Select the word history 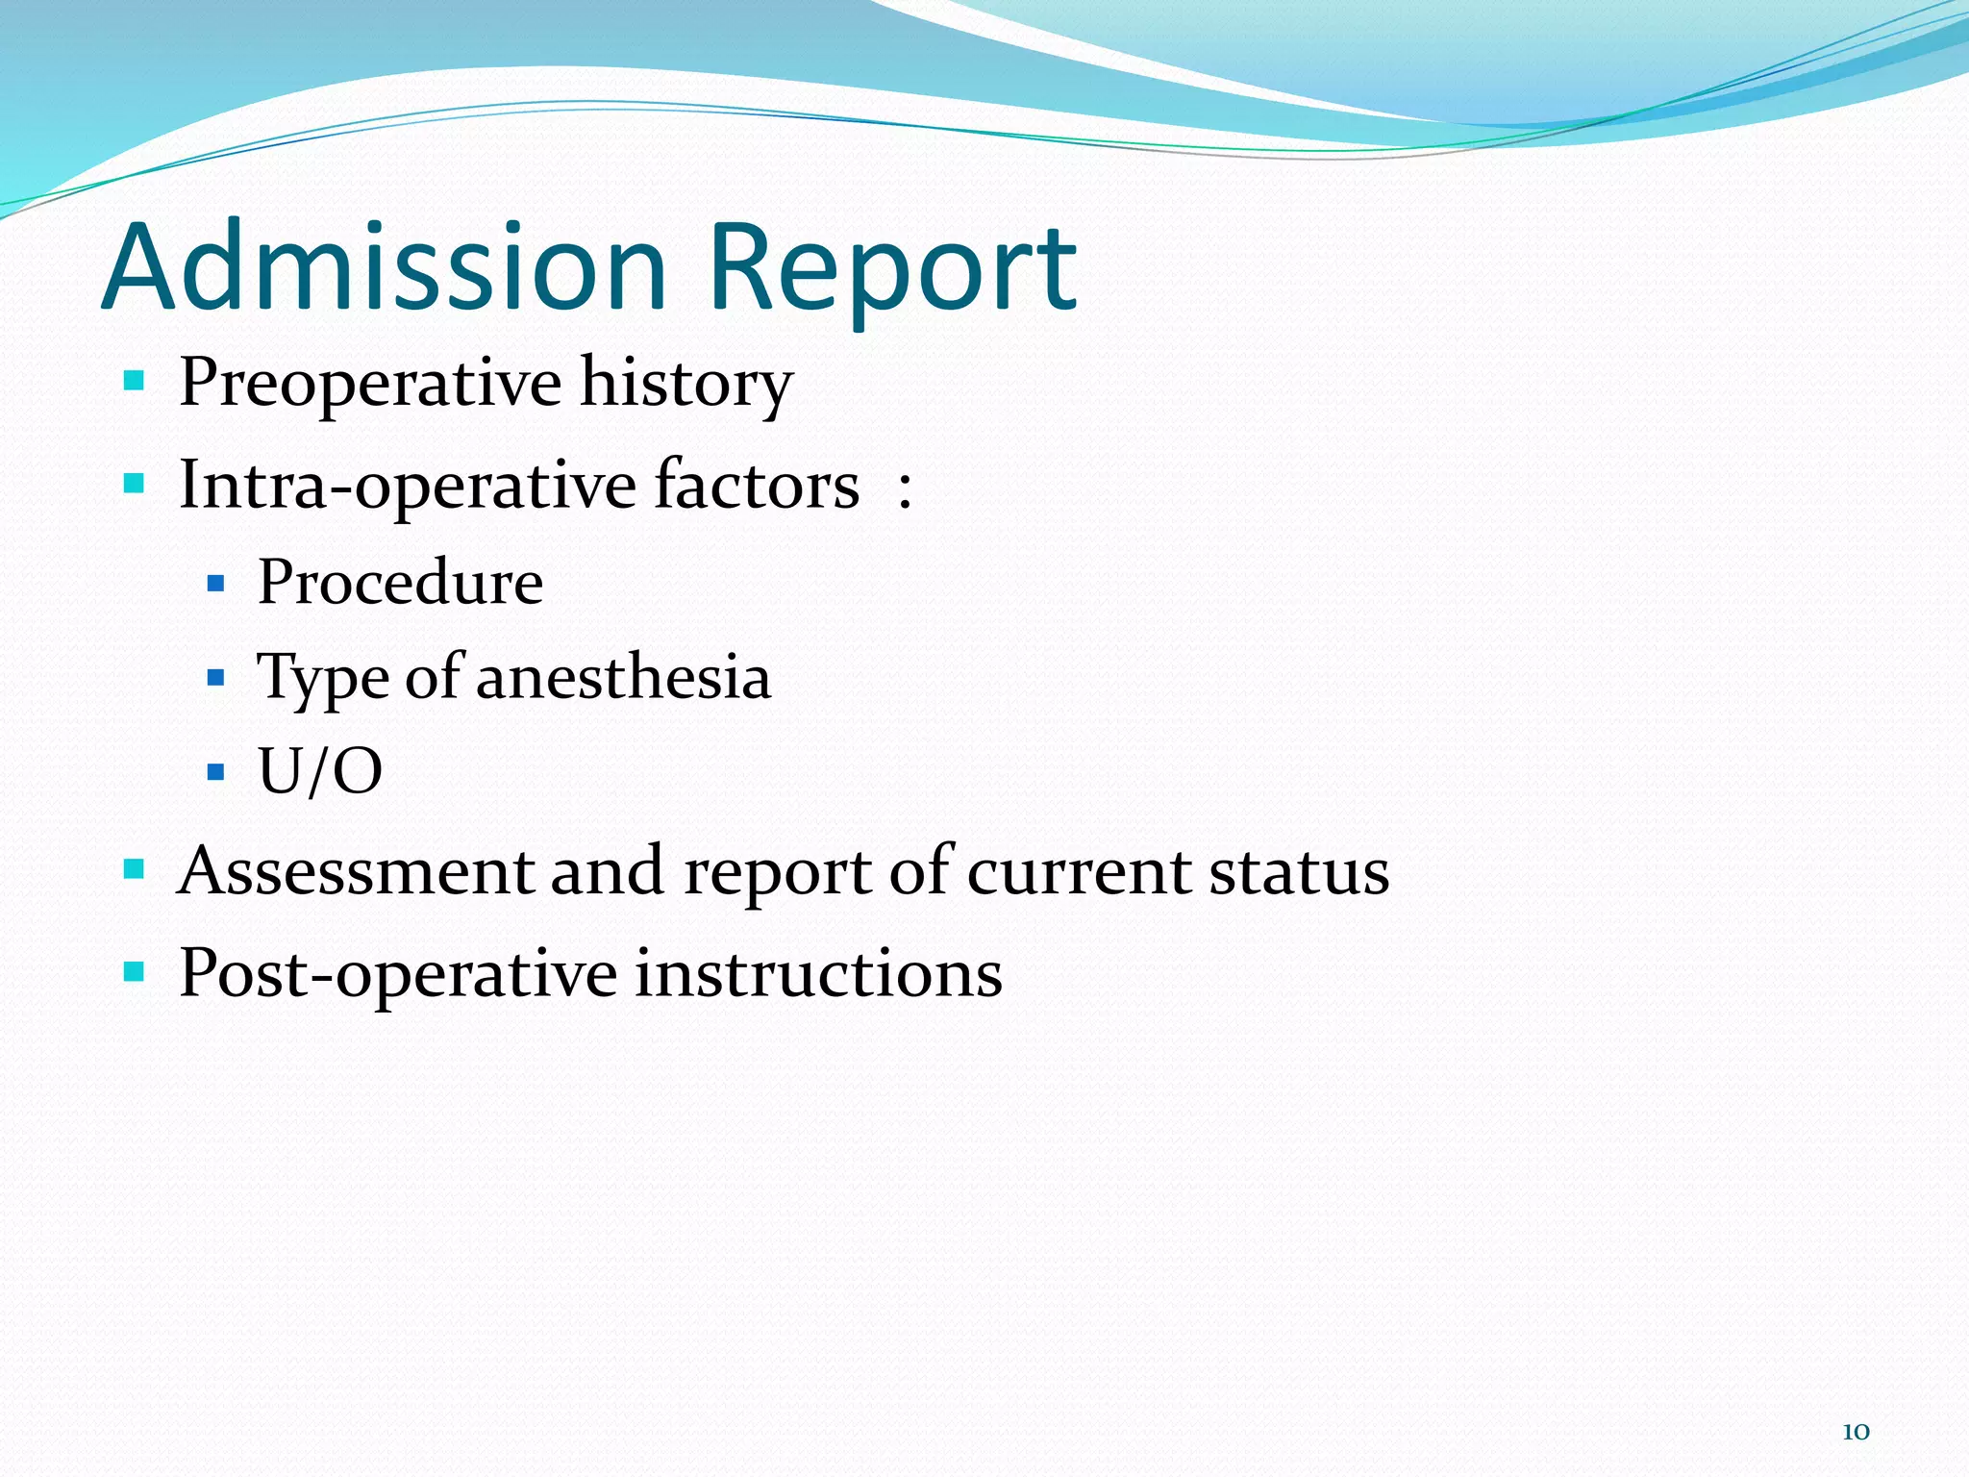pos(686,385)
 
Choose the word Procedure pos(400,583)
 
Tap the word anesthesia pos(623,677)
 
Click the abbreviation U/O pos(320,771)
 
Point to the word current pos(1078,873)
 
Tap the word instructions pos(818,973)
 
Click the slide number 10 pos(1855,1432)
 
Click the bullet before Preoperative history pos(134,381)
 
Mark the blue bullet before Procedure pos(215,584)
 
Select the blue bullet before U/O pos(215,772)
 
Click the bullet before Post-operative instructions pos(134,971)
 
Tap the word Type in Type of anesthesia pos(322,679)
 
